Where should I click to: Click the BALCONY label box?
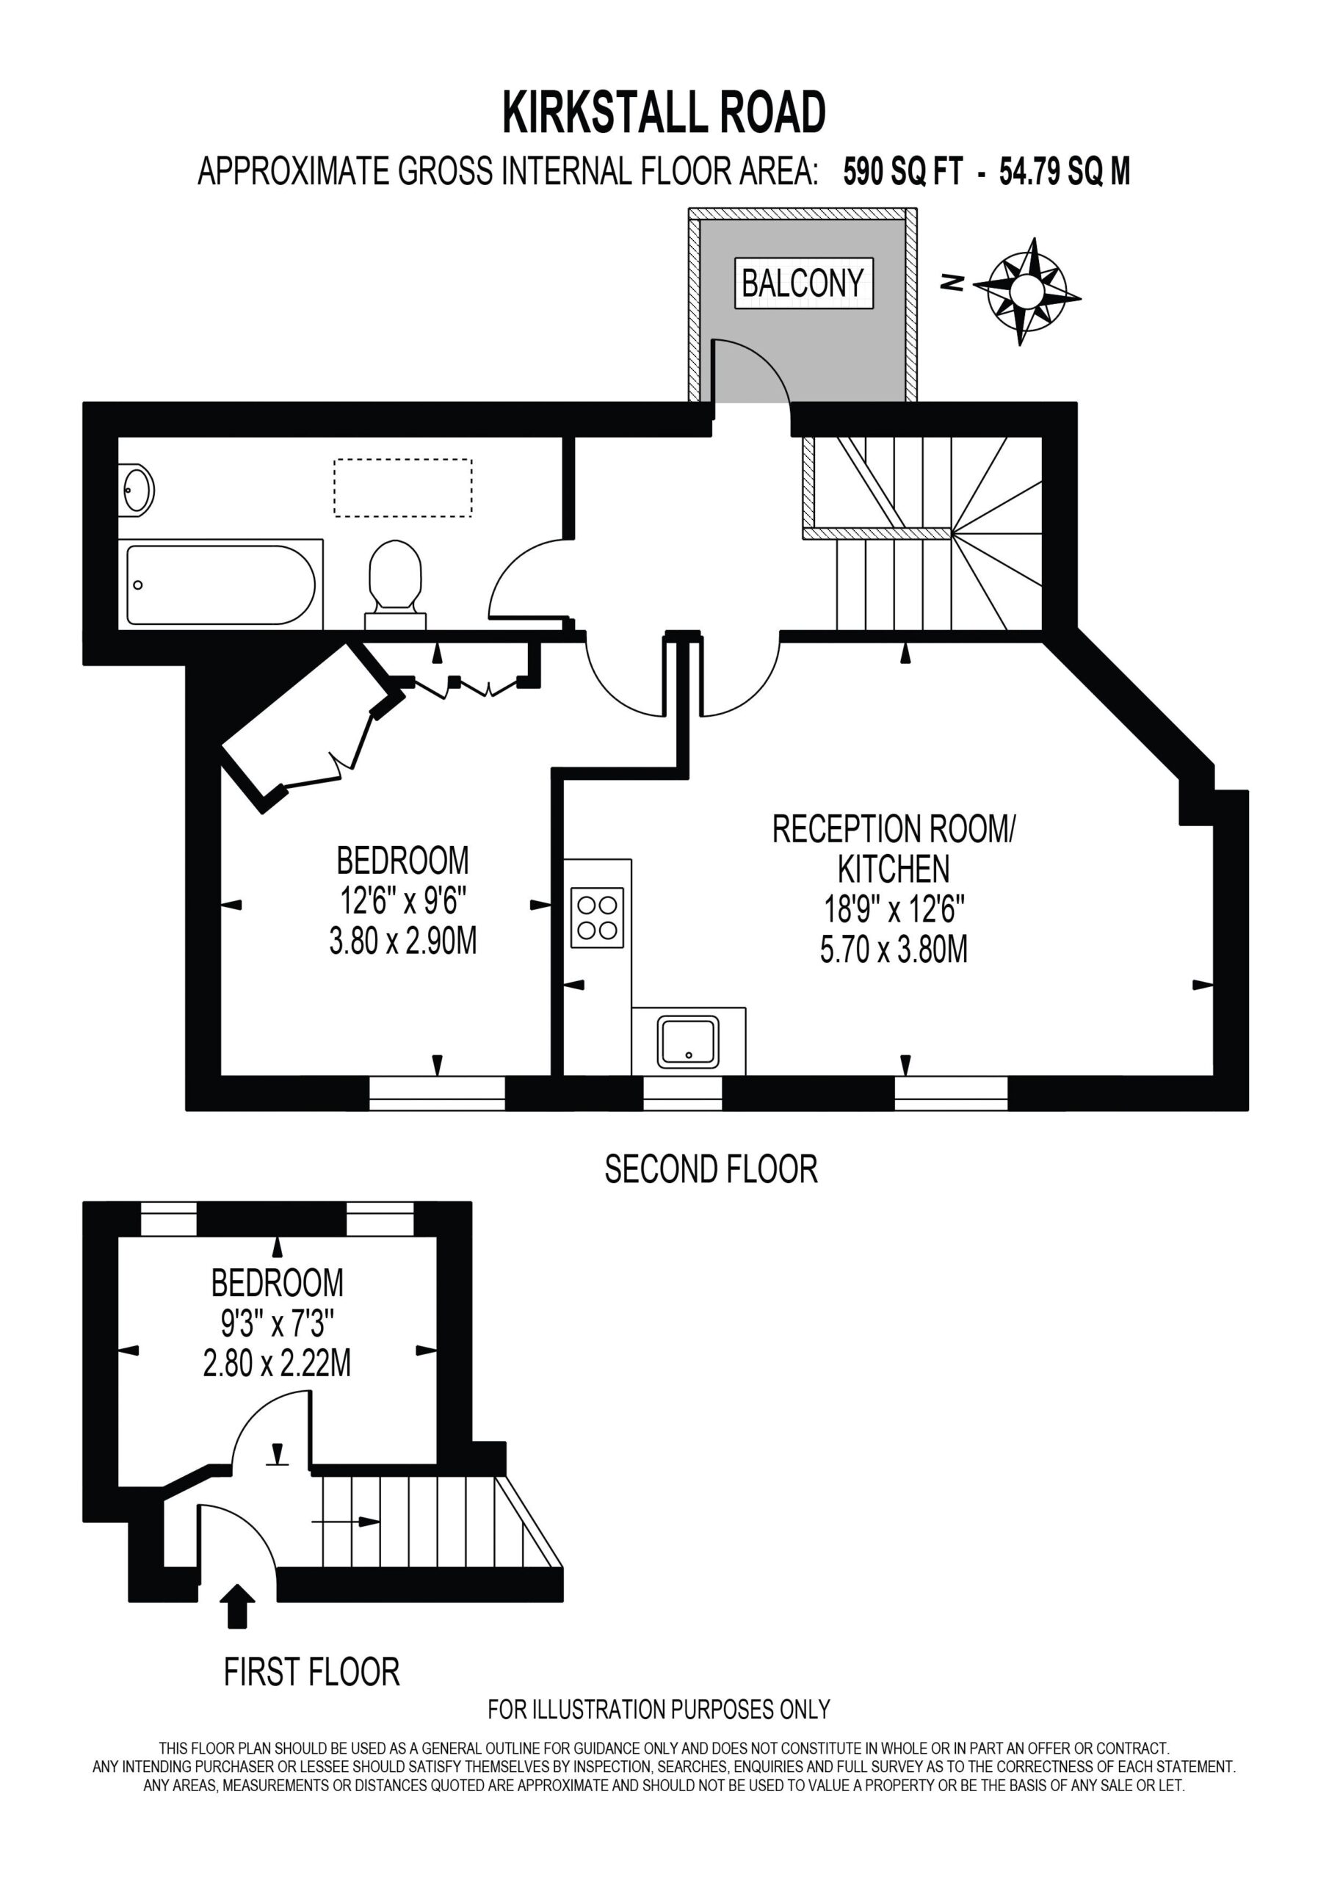[x=803, y=283]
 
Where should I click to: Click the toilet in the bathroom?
[x=396, y=584]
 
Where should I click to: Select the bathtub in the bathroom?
[x=221, y=585]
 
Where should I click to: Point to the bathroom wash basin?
[x=136, y=491]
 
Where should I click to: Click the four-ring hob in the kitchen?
[x=597, y=917]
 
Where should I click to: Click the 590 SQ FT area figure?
[x=903, y=172]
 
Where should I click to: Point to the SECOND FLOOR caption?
[x=711, y=1169]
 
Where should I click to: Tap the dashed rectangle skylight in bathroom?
[x=403, y=488]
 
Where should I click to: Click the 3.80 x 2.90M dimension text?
[x=403, y=941]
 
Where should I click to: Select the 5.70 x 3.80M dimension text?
[x=894, y=950]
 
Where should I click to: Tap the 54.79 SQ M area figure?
[x=1065, y=172]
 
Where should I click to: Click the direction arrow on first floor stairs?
[x=346, y=1522]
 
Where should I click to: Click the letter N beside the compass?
[x=952, y=283]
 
